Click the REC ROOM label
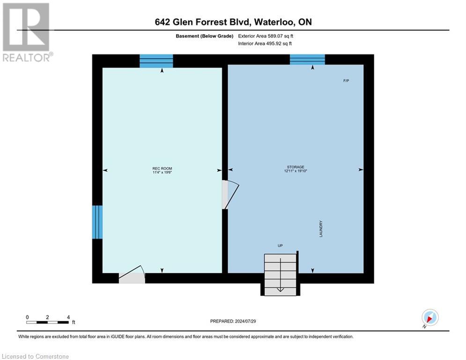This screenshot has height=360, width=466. pos(162,168)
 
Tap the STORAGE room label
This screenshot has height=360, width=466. pos(296,167)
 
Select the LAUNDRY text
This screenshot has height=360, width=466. pos(321,229)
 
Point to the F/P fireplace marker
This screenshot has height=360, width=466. pos(346,81)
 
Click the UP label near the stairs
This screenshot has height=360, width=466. pos(280,246)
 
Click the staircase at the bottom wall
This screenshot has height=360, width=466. pos(280,275)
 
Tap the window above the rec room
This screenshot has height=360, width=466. pos(156,61)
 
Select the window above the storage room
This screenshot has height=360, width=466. pos(307,60)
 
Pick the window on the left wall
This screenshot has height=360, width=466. pos(97,222)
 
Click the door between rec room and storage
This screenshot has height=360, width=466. pos(230,195)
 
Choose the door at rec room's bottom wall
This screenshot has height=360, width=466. pos(132,274)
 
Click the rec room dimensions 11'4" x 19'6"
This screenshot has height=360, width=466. pos(162,172)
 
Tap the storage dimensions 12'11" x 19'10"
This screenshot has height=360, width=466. pos(296,171)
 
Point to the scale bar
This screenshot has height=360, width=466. pos(48,322)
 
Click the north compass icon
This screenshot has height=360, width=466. pos(430,317)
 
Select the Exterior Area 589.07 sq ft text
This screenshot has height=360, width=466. pos(266,36)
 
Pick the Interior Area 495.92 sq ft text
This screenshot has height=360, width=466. pos(265,44)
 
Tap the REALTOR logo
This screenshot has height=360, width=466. pos(27,32)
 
